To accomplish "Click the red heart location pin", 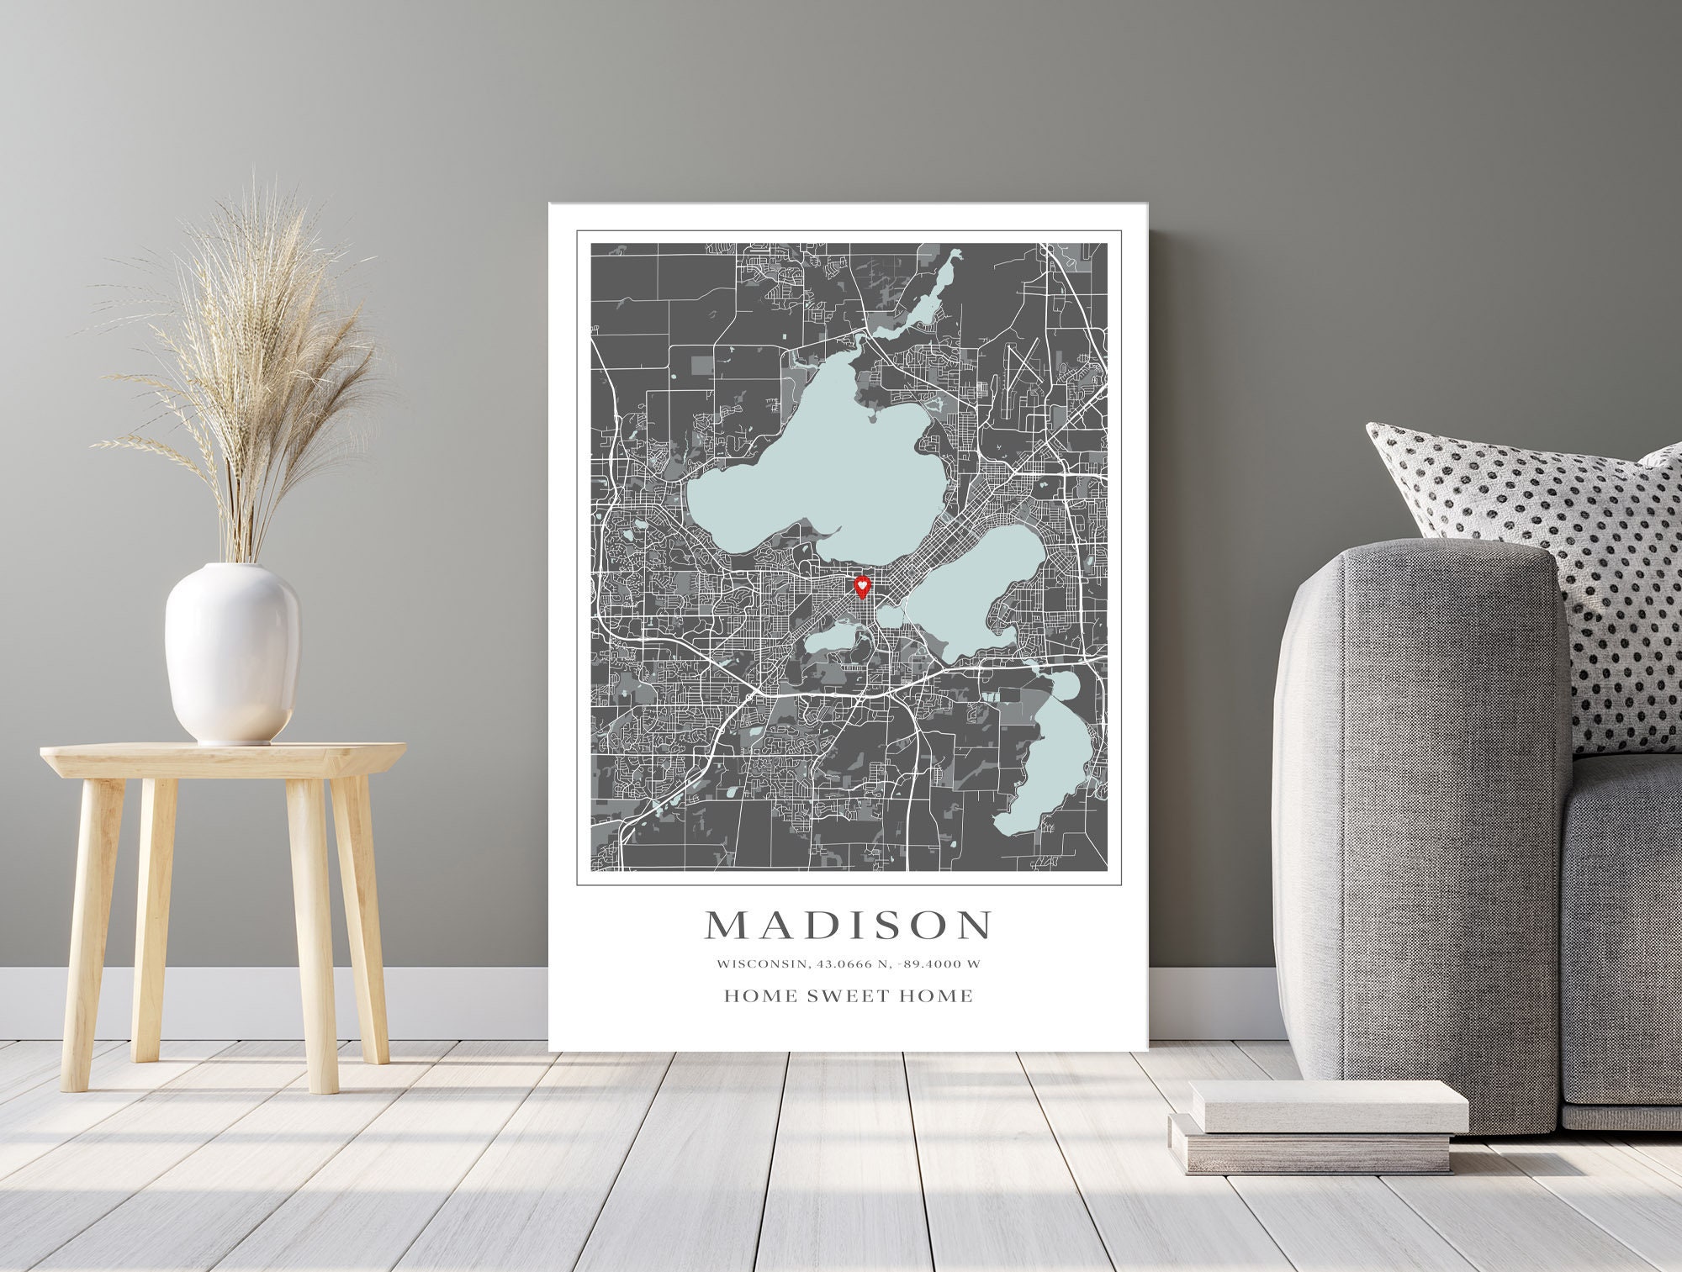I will click(x=862, y=585).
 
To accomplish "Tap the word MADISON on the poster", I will click(x=848, y=925).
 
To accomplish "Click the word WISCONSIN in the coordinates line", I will click(x=753, y=963).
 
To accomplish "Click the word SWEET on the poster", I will click(x=848, y=996).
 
